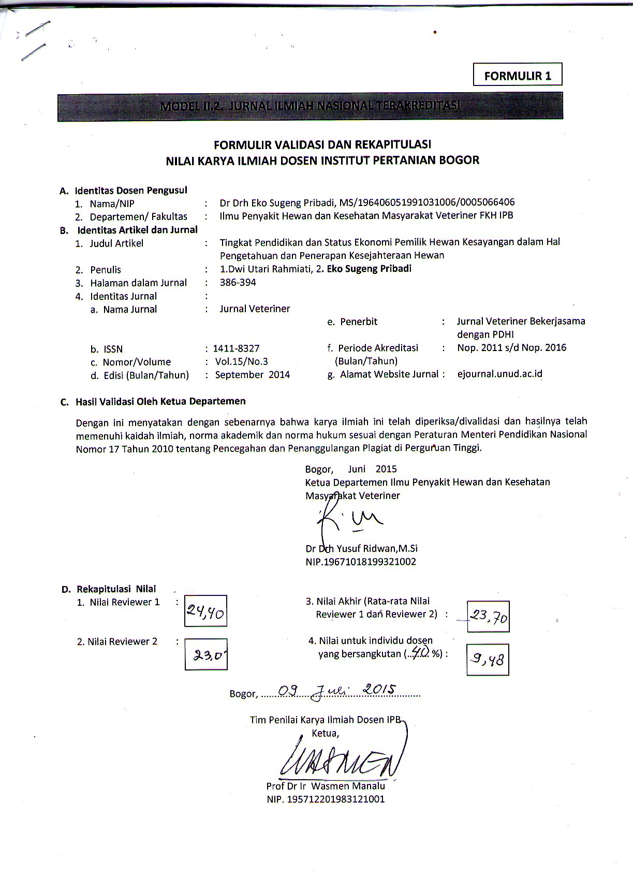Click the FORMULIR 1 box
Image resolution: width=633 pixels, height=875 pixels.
coord(518,76)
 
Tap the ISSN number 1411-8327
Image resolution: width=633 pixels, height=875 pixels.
coord(237,348)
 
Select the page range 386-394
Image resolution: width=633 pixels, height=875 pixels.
coord(238,282)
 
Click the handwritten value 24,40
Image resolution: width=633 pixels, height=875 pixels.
coord(205,612)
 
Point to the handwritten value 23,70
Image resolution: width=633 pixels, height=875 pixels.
coord(488,616)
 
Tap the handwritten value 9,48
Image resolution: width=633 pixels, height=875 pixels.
coord(487,659)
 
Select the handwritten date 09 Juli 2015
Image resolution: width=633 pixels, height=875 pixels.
coord(337,691)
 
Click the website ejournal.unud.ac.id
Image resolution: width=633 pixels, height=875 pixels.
coord(499,374)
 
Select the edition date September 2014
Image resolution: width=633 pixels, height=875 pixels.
coord(252,374)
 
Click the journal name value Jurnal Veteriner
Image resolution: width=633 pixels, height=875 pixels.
coord(255,309)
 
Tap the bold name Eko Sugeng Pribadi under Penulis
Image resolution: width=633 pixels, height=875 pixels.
coord(369,269)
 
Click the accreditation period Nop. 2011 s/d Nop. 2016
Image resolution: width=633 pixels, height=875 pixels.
coord(511,347)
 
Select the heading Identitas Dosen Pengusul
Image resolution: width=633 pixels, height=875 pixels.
coord(131,190)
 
